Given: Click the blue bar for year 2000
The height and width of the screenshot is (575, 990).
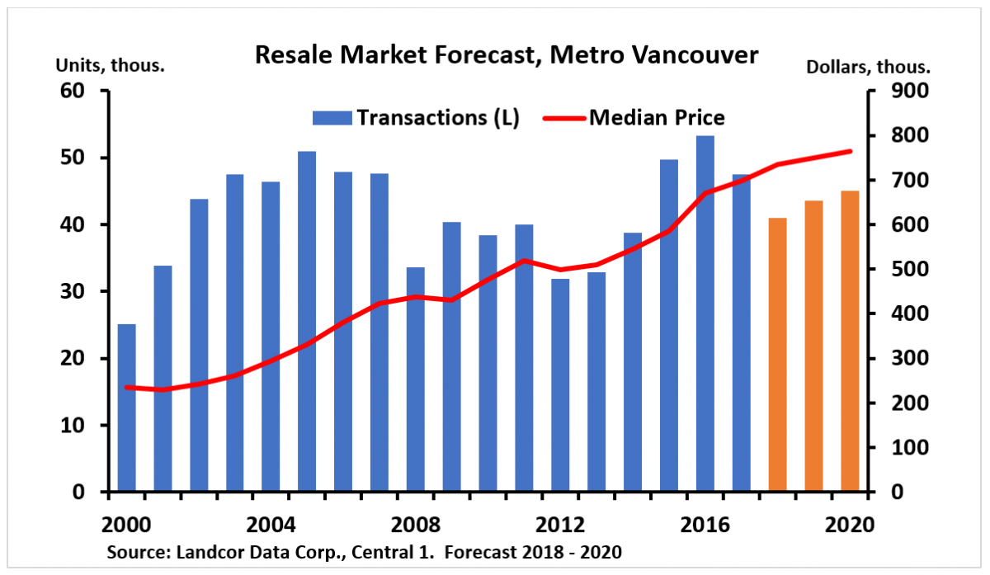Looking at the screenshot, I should [126, 408].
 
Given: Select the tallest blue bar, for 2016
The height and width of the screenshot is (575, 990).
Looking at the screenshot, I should [705, 313].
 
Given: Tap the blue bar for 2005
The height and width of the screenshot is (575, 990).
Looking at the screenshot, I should [307, 322].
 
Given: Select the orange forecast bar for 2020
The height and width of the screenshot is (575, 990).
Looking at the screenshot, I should [850, 342].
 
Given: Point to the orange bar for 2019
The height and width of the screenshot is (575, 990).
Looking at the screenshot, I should [813, 346].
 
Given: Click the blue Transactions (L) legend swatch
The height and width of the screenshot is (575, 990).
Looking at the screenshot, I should [332, 118].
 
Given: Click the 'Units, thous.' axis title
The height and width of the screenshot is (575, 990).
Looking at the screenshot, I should [111, 66].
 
